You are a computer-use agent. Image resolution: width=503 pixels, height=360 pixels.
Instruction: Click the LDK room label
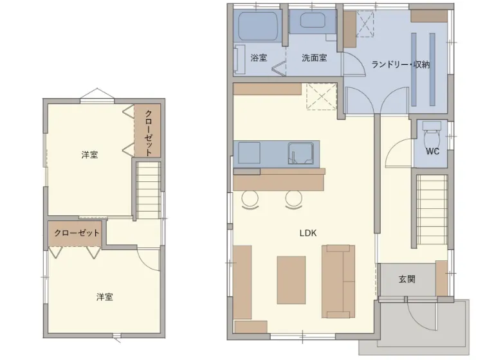[x=308, y=233]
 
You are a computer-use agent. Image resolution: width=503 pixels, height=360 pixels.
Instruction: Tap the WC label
[x=432, y=151]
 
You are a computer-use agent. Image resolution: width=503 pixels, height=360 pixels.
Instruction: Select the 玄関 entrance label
[x=407, y=279]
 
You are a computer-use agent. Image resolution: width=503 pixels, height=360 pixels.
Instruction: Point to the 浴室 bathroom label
[x=259, y=58]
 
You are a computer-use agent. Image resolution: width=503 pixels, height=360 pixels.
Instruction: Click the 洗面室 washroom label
[x=314, y=58]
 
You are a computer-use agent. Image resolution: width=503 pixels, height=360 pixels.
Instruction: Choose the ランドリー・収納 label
[x=401, y=64]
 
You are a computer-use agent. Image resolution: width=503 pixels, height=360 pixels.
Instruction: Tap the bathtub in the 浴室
[x=258, y=26]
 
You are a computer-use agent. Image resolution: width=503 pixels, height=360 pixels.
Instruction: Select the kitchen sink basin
[x=300, y=153]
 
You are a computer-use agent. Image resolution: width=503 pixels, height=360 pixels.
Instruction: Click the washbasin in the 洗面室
[x=313, y=20]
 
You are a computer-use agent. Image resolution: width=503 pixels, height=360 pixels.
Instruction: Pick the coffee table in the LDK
[x=291, y=280]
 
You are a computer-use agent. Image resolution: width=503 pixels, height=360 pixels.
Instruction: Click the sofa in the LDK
[x=338, y=282]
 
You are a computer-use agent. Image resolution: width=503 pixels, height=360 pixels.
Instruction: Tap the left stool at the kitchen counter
[x=250, y=199]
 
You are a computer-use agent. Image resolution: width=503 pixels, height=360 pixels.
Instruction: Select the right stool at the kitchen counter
[x=293, y=199]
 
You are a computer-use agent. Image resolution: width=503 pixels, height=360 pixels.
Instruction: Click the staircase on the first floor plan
[x=432, y=210]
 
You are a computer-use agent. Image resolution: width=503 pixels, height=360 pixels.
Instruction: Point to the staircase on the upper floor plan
[x=148, y=190]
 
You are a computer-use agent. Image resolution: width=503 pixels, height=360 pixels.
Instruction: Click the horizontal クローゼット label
[x=77, y=233]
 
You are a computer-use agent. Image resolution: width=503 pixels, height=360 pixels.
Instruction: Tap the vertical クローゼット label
[x=148, y=132]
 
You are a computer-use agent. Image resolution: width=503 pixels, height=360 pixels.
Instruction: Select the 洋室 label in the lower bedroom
[x=105, y=297]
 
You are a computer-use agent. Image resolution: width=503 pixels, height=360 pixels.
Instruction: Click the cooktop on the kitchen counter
[x=250, y=153]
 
